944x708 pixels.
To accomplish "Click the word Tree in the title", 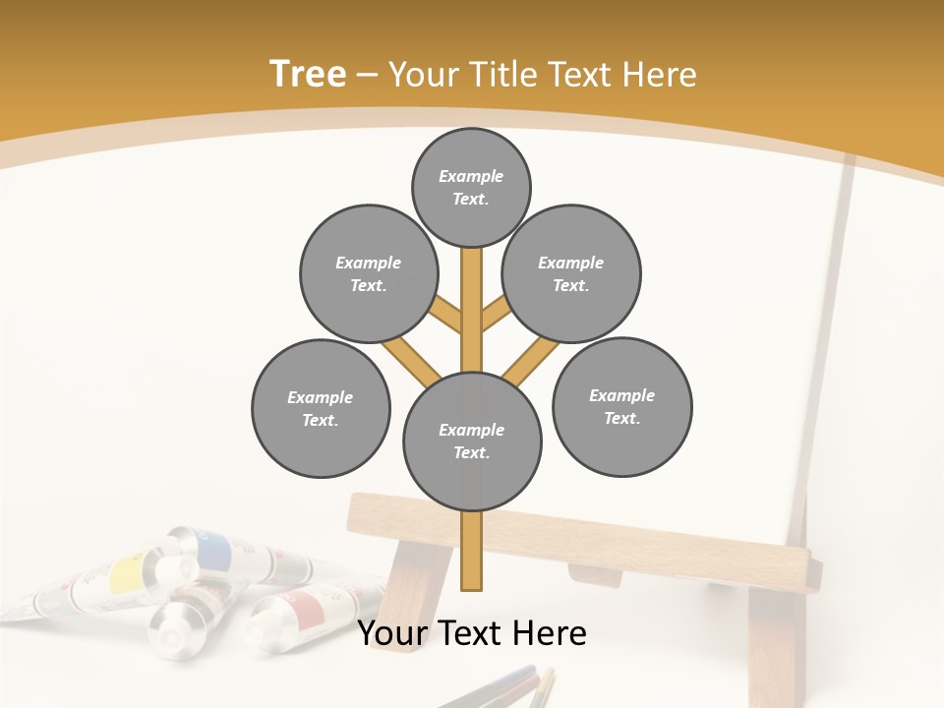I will tap(308, 75).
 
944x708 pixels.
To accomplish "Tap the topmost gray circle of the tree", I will tap(471, 187).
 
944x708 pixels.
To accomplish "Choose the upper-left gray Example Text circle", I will tap(369, 273).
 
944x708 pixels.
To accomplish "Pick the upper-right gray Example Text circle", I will tap(571, 273).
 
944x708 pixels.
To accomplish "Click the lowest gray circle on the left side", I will tap(321, 408).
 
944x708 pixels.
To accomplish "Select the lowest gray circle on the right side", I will tap(622, 406).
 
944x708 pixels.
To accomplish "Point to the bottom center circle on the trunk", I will tap(472, 442).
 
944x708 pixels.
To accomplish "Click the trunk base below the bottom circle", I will tap(472, 551).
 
